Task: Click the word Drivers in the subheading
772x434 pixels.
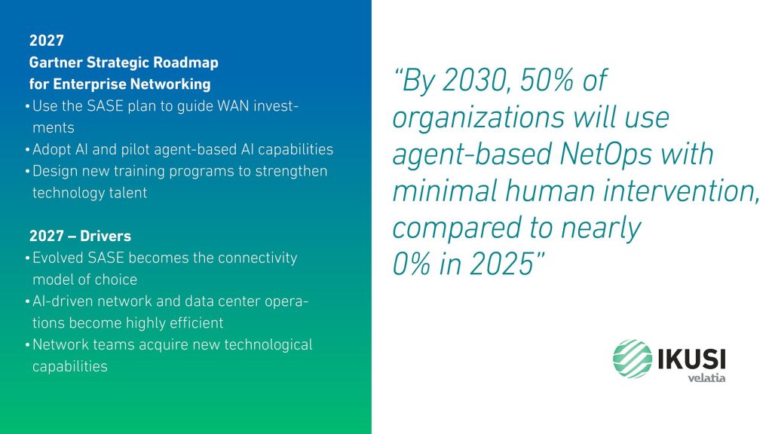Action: (106, 236)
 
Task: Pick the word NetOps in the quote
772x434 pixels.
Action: (605, 154)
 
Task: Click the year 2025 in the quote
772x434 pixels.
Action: (502, 264)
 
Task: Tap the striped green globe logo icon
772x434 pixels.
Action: (633, 359)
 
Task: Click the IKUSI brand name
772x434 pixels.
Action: (692, 359)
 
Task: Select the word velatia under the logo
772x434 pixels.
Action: (706, 377)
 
